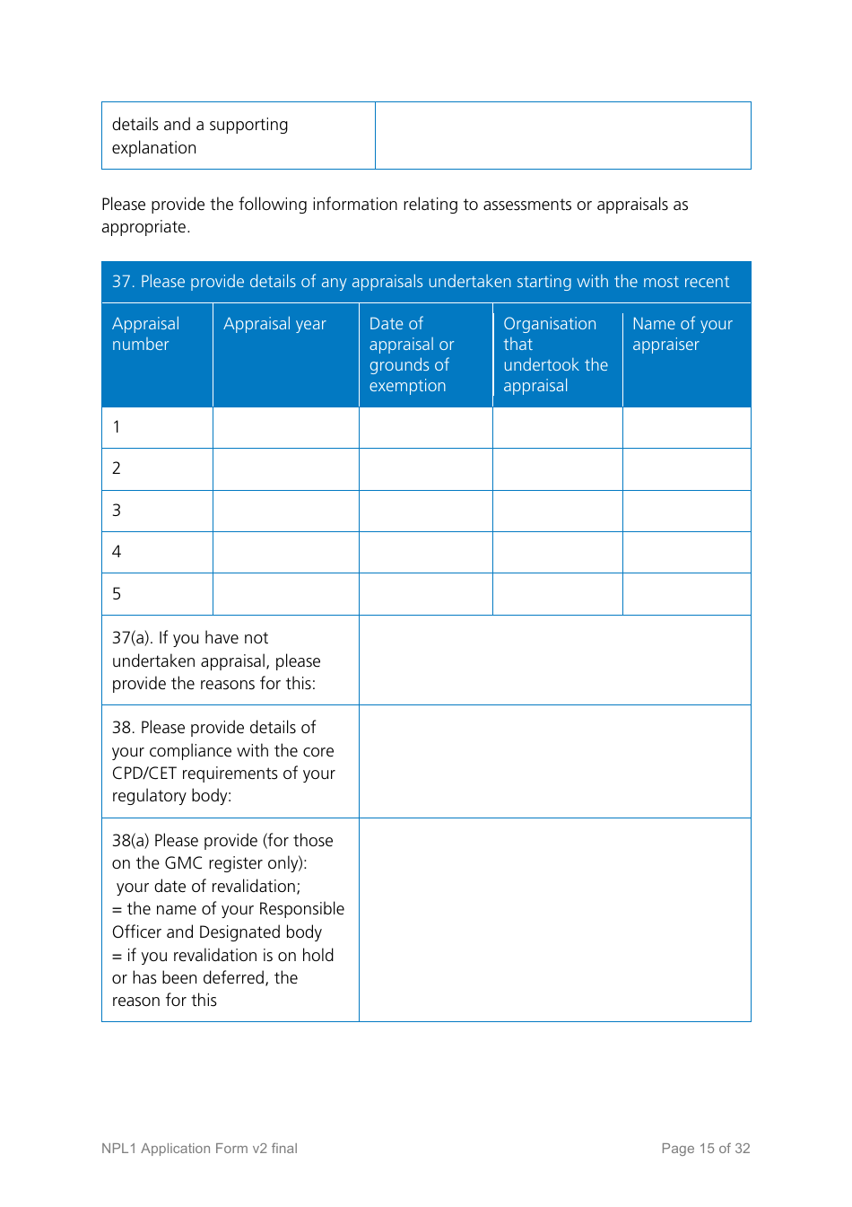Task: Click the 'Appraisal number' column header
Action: point(145,334)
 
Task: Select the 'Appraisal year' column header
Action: point(274,324)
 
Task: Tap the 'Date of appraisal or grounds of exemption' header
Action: point(412,354)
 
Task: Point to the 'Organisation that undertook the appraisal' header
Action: point(555,354)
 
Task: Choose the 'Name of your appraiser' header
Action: point(682,334)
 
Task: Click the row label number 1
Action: point(117,427)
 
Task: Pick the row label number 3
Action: point(117,511)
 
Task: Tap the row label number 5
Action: point(117,594)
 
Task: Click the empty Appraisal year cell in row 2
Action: point(285,469)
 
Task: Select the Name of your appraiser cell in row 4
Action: point(686,552)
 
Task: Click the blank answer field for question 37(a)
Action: point(554,660)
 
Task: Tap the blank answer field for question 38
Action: point(554,762)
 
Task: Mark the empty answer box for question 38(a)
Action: point(554,920)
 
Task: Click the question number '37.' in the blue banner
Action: point(124,282)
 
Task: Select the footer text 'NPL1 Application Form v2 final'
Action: point(199,1149)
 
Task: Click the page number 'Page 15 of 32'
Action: point(705,1149)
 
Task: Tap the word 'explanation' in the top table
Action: point(154,148)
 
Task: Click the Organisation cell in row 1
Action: point(557,427)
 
